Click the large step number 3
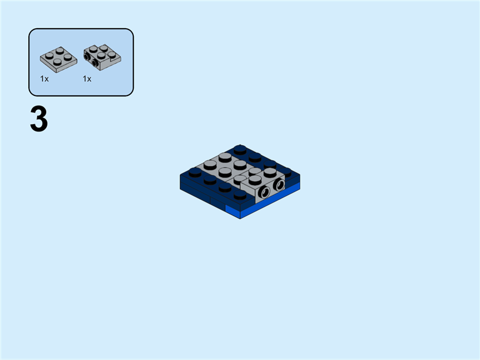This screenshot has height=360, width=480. point(39,120)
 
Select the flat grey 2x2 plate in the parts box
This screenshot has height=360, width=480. point(58,56)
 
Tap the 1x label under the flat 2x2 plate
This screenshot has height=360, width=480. point(44,79)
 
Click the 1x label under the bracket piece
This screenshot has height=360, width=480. point(87,79)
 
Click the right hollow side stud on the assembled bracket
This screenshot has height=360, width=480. point(278,185)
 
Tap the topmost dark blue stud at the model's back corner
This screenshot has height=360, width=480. point(240,149)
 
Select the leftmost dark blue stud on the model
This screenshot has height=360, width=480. point(195,172)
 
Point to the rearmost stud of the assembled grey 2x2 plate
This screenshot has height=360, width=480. point(225,157)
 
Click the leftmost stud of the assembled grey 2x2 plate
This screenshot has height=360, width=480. point(210,164)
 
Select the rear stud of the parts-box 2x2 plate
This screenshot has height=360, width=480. point(58,49)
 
